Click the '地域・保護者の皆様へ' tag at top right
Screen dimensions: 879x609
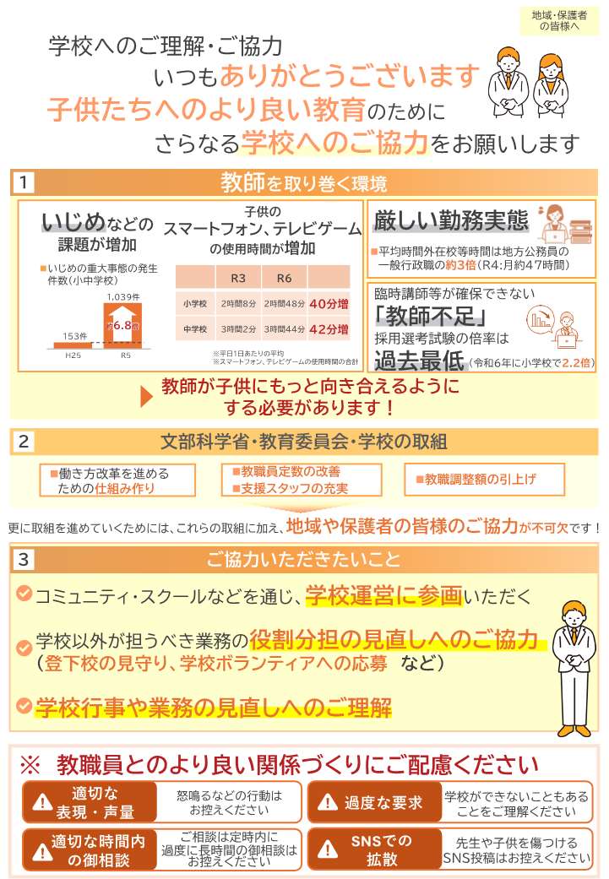pyautogui.click(x=560, y=21)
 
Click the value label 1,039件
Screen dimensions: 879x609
pyautogui.click(x=124, y=296)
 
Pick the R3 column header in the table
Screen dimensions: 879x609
pyautogui.click(x=239, y=278)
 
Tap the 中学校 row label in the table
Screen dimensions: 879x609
pyautogui.click(x=195, y=328)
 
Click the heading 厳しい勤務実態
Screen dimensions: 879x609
pyautogui.click(x=450, y=221)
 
